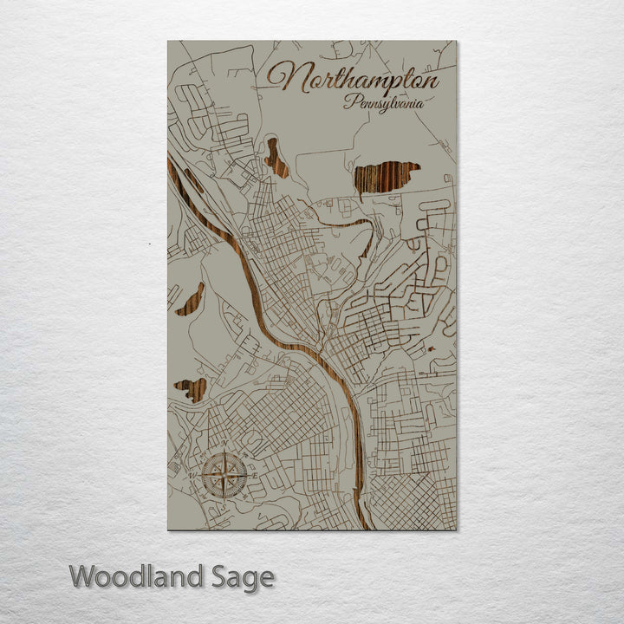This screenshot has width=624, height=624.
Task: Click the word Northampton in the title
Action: pos(353,78)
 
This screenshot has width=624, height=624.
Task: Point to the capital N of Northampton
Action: pos(286,77)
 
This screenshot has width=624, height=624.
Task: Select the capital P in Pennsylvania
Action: pos(349,101)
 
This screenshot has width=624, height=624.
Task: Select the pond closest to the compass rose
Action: pos(191,389)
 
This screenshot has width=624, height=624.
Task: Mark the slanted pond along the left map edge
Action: pos(191,299)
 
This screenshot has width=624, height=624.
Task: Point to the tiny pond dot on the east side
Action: pos(431,350)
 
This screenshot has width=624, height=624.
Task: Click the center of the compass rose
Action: pos(224,475)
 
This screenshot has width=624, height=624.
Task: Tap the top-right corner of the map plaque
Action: pos(455,42)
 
